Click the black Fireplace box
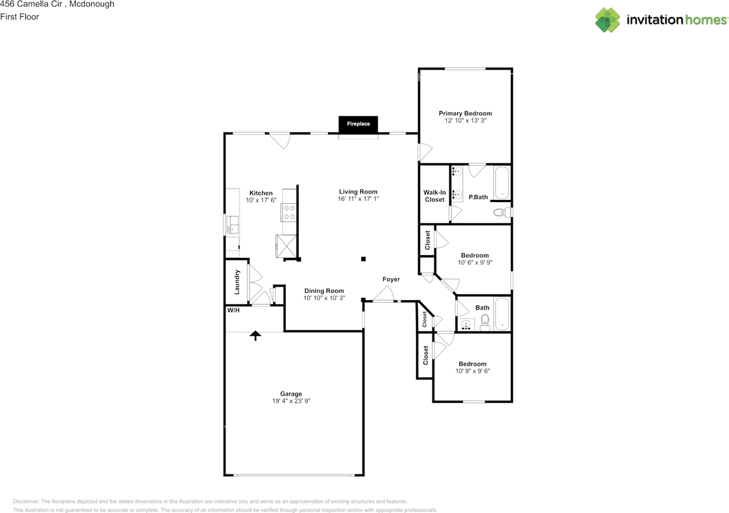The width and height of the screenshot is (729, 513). tap(358, 124)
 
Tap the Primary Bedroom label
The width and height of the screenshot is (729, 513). tap(465, 113)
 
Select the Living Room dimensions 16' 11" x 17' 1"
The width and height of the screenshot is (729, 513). tap(358, 199)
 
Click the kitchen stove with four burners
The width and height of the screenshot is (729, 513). tap(289, 212)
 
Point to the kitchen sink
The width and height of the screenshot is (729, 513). tap(232, 224)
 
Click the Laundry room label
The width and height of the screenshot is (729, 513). tap(237, 282)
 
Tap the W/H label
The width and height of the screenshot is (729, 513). tap(234, 310)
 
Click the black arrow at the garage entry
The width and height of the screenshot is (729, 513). tap(256, 335)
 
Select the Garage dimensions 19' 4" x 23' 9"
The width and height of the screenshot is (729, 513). tap(291, 401)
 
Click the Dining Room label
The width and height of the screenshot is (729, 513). tap(324, 291)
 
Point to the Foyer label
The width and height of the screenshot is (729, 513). tap(391, 279)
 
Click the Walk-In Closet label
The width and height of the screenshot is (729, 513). tap(435, 196)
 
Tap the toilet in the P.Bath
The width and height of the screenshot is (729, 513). tap(502, 212)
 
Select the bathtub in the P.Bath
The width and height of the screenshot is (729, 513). tap(502, 183)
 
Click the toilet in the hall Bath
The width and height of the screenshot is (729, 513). tap(485, 322)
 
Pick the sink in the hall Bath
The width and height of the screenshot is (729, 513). tap(466, 325)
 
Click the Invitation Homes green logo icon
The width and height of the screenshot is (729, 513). tap(608, 20)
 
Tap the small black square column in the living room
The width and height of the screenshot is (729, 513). tap(363, 259)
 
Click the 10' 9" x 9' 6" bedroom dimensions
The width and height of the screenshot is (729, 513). tap(473, 371)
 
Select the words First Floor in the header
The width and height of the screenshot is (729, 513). tap(19, 17)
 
